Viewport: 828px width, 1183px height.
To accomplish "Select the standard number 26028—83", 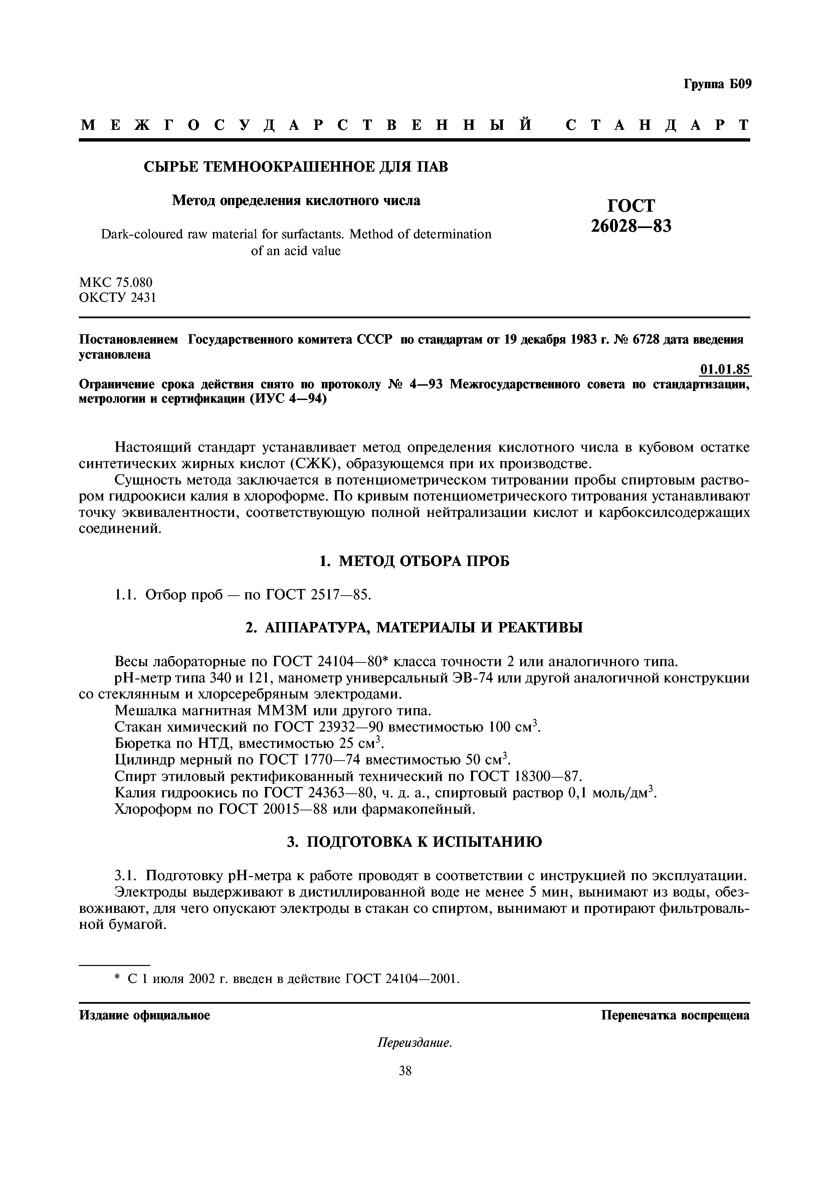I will click(x=631, y=226).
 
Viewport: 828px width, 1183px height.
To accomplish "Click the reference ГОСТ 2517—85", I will click(x=318, y=595).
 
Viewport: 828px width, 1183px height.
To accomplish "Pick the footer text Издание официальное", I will click(x=145, y=1015).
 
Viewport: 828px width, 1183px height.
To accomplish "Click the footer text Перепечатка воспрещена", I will click(x=675, y=1015).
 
